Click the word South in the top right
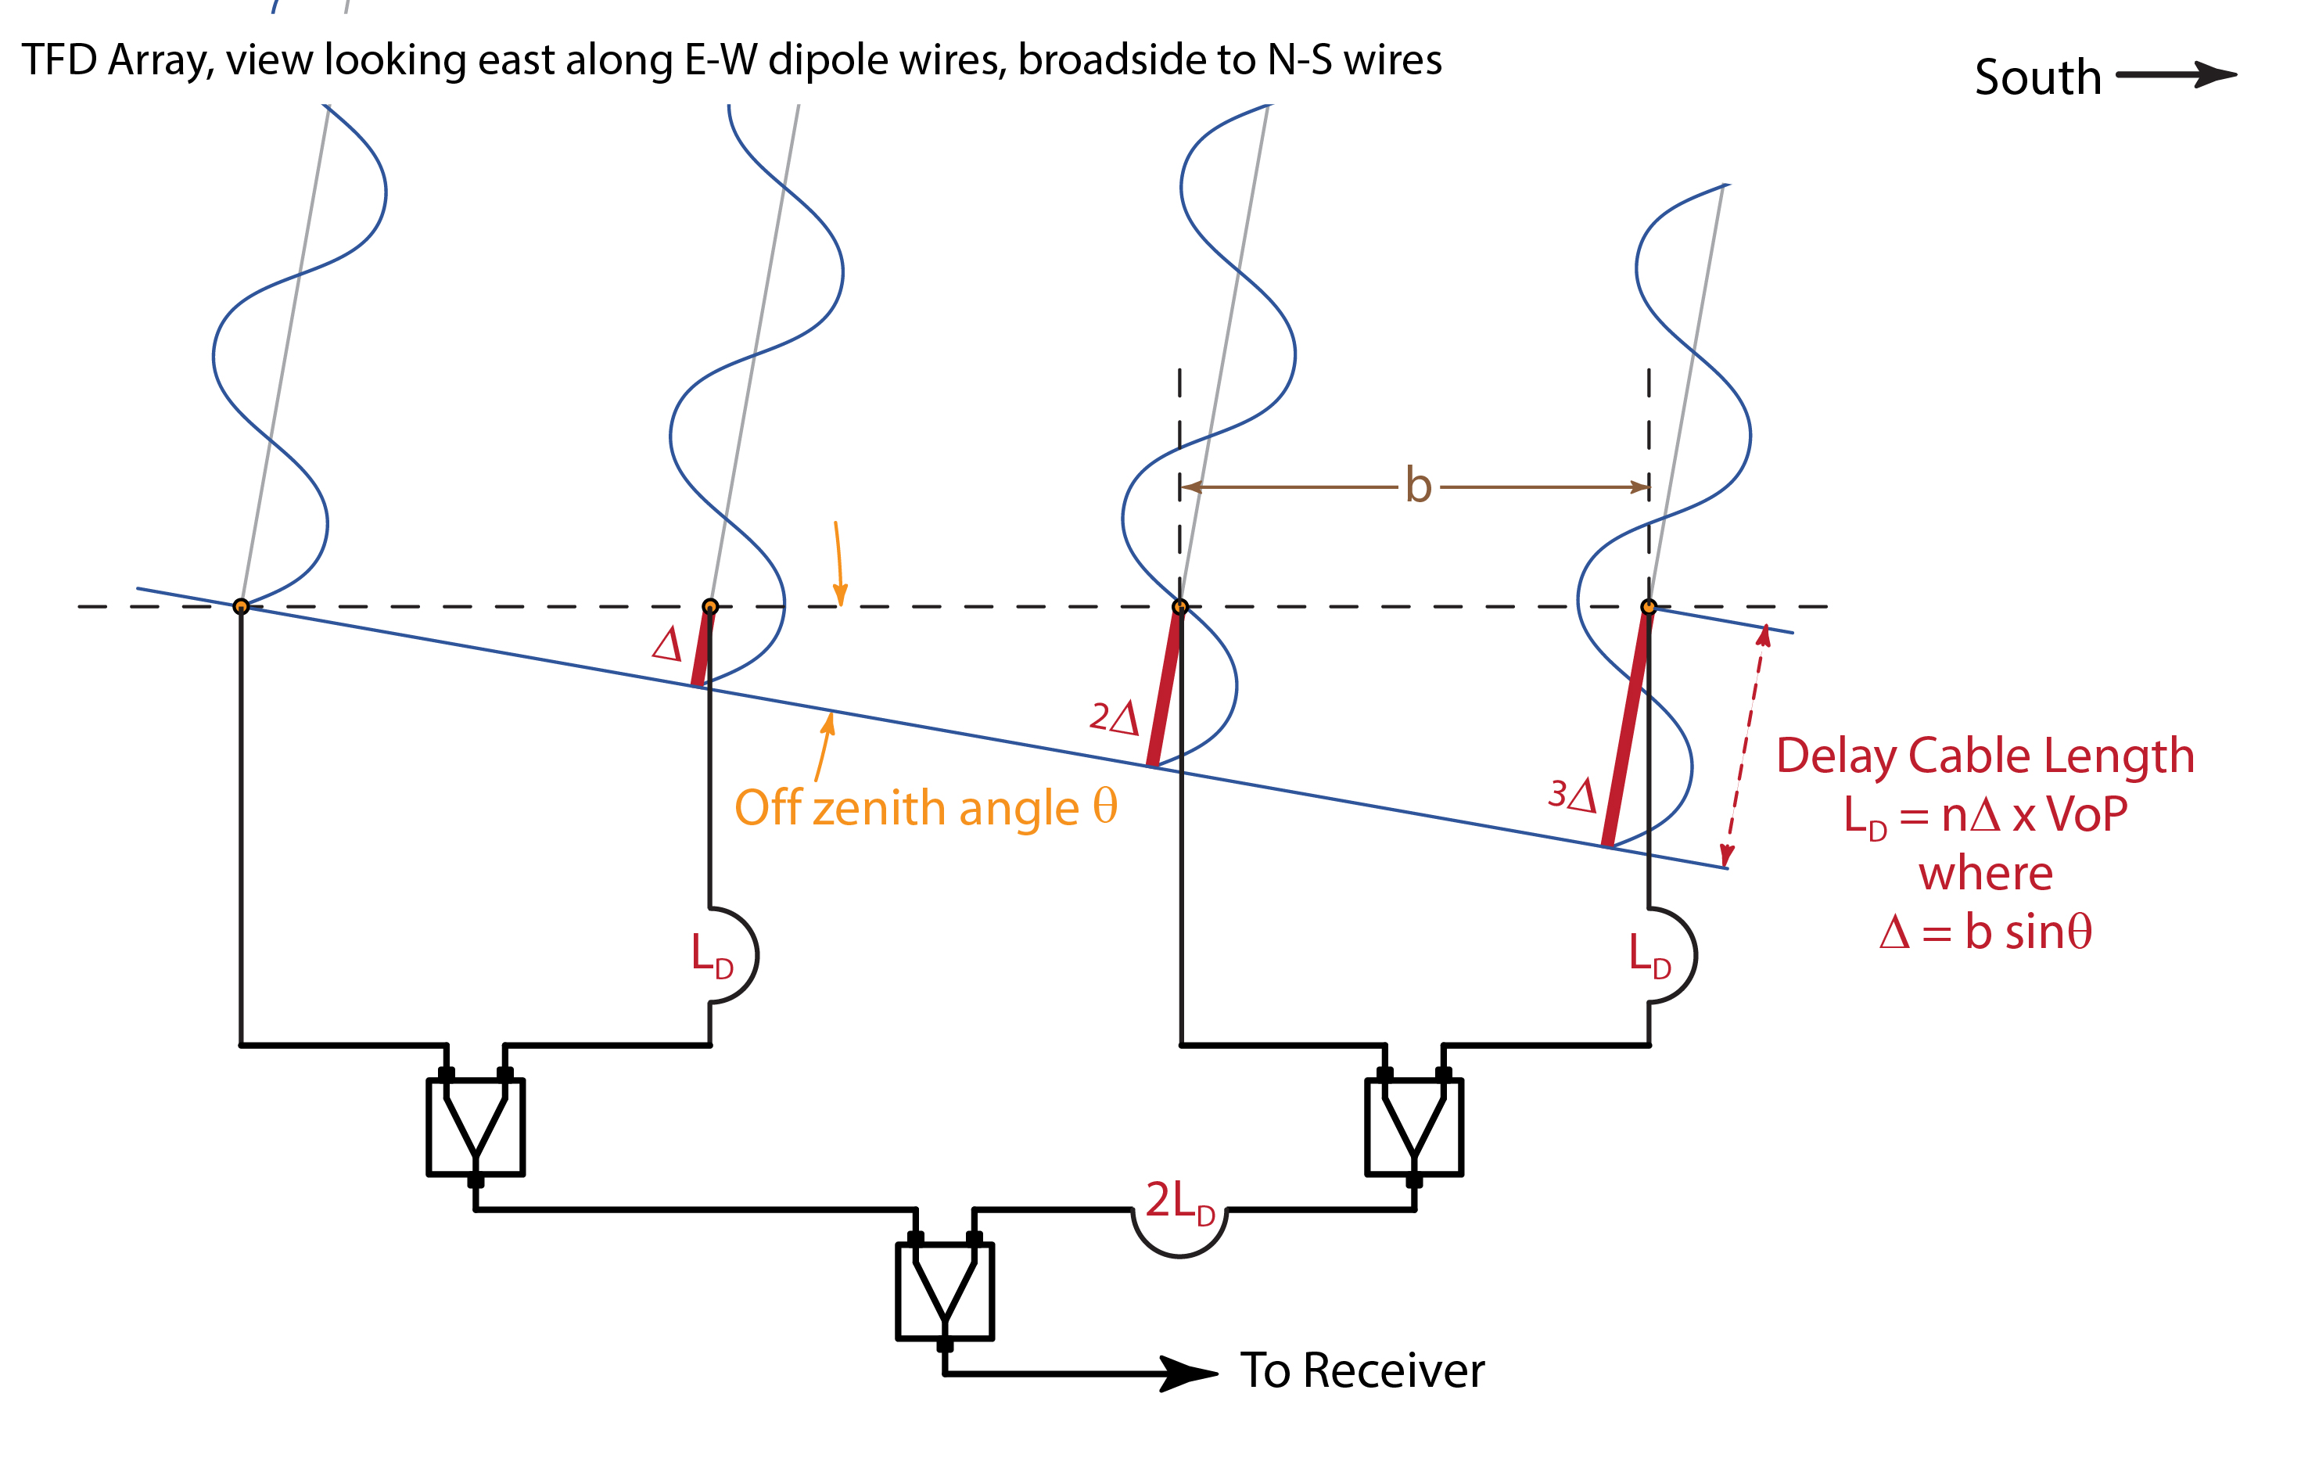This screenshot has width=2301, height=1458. click(2037, 77)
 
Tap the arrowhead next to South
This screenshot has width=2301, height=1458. click(2215, 74)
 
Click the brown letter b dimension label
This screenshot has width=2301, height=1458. click(1418, 486)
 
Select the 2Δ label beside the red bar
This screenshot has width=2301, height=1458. click(1115, 716)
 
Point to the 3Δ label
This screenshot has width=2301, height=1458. click(1572, 794)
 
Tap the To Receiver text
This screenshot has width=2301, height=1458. click(1362, 1371)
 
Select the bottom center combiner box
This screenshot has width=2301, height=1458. click(944, 1291)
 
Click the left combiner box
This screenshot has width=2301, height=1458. click(475, 1127)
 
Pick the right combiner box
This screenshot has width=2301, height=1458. click(1413, 1127)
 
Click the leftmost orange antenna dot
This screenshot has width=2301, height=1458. click(241, 607)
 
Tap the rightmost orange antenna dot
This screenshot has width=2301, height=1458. click(1649, 607)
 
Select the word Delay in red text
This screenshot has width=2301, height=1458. click(1836, 756)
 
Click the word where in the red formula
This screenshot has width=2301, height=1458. click(1986, 873)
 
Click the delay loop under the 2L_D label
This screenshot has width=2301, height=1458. click(1179, 1242)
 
